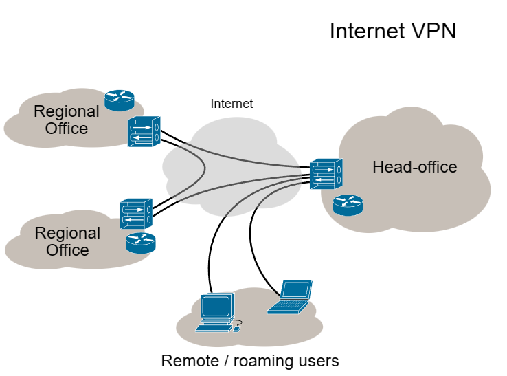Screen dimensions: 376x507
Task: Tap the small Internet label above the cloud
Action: point(232,104)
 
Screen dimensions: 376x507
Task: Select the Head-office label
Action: point(414,167)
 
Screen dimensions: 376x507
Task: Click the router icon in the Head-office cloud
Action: point(348,204)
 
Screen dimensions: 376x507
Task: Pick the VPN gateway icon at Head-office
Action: point(325,173)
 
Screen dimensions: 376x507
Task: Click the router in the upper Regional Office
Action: point(120,100)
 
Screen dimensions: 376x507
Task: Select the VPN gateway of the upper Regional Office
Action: point(143,131)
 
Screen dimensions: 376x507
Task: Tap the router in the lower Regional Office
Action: point(141,242)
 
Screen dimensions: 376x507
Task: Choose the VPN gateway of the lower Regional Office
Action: point(135,214)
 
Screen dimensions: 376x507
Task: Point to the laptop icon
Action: point(291,297)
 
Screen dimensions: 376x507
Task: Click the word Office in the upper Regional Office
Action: point(67,128)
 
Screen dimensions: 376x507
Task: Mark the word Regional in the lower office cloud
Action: point(67,234)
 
